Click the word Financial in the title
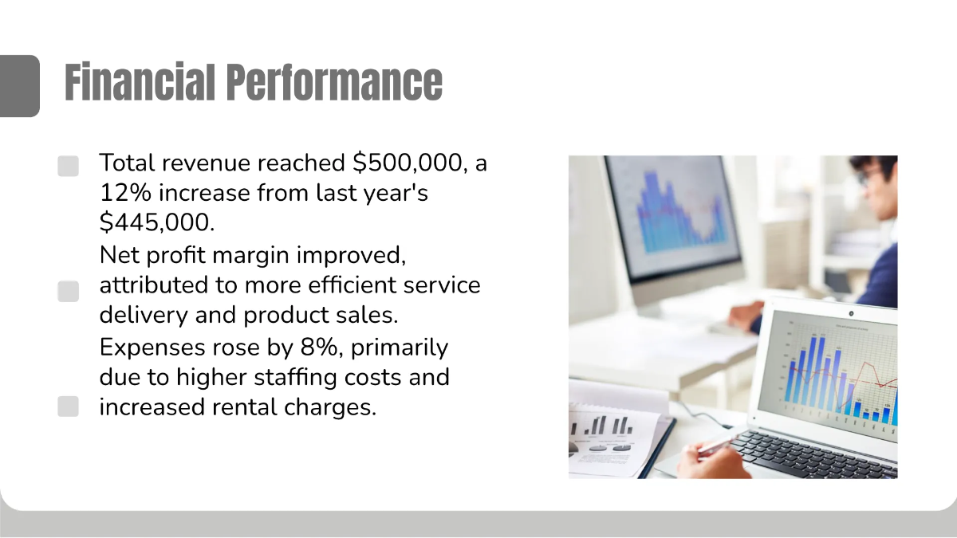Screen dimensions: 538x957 [x=140, y=82]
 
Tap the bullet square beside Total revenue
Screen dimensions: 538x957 [x=69, y=166]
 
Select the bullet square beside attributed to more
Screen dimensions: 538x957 [x=69, y=291]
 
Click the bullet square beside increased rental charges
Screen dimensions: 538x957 [x=69, y=406]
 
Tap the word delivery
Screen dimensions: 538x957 [x=144, y=315]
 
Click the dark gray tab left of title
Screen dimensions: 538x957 [x=19, y=85]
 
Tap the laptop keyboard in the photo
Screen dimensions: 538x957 [x=813, y=454]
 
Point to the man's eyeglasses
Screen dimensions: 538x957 [x=868, y=175]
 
